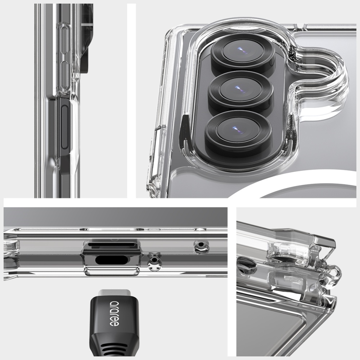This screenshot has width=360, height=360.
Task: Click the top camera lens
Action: click(x=243, y=51)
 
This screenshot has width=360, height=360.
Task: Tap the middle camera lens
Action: click(x=240, y=90)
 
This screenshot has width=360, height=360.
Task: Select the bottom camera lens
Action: click(x=238, y=130)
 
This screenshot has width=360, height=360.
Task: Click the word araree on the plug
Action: click(x=114, y=314)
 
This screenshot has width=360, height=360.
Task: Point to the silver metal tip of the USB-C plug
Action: click(x=114, y=293)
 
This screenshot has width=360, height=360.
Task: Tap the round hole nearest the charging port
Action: click(x=154, y=261)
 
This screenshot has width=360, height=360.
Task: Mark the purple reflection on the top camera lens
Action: click(x=240, y=49)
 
